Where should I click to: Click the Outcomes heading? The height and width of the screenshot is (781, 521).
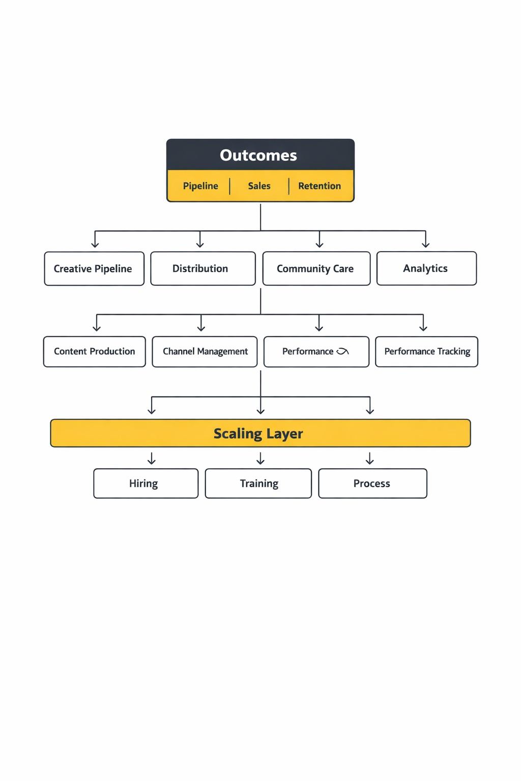[258, 155]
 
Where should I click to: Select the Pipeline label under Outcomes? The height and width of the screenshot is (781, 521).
[200, 186]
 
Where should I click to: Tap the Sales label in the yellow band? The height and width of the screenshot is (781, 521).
[259, 186]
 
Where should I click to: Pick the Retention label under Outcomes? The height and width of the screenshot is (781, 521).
[320, 186]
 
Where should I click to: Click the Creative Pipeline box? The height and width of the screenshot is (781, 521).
[94, 268]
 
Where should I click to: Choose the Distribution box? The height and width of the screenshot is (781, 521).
[202, 268]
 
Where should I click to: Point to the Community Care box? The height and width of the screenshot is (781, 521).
[316, 268]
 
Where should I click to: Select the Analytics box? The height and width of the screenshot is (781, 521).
[426, 268]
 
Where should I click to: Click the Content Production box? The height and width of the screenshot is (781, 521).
[95, 351]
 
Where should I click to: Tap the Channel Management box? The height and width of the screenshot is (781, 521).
[205, 351]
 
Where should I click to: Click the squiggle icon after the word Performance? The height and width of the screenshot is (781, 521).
[342, 351]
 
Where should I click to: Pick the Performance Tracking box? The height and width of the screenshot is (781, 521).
[426, 351]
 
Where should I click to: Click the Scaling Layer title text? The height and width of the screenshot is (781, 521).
[258, 434]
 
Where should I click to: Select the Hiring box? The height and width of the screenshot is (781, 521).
[146, 484]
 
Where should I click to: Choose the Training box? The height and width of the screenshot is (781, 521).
[258, 484]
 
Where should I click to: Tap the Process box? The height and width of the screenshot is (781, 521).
[372, 484]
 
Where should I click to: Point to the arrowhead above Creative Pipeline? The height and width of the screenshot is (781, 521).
[95, 245]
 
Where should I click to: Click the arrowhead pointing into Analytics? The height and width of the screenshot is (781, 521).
[425, 245]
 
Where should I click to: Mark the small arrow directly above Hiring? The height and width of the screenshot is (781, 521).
[152, 460]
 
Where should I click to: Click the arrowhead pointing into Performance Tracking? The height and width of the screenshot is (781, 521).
[423, 328]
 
